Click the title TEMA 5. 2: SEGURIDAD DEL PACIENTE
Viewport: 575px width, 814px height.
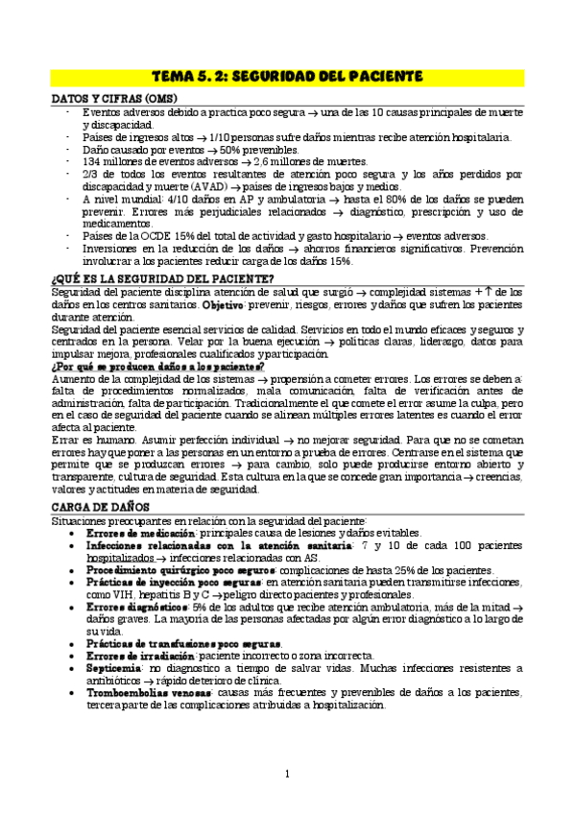287,75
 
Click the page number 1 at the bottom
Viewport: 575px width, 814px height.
287,774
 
